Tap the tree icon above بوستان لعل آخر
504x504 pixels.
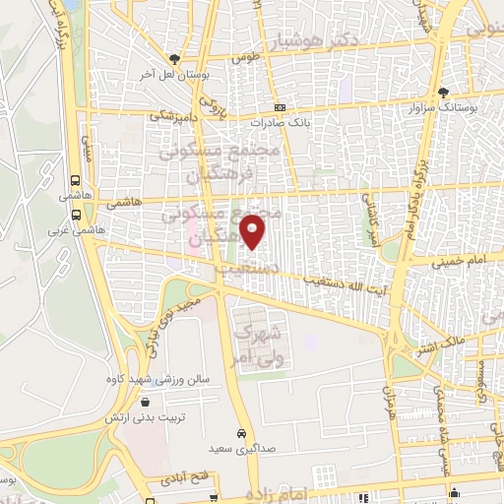coord(175,59)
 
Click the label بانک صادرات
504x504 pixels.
coord(281,123)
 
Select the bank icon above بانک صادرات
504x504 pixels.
coord(281,107)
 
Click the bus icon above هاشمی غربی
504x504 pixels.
coord(77,216)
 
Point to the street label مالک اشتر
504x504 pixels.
coord(467,346)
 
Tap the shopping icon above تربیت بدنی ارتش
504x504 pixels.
coord(146,402)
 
